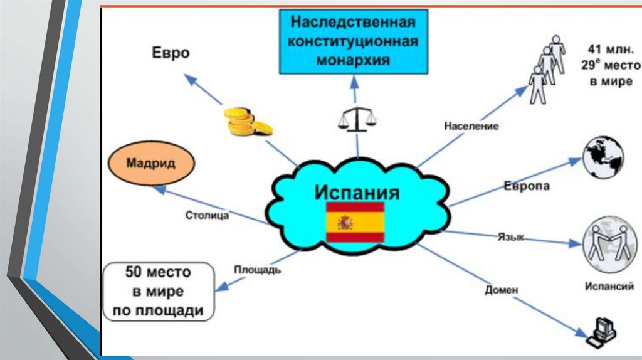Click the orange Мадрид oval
coord(152,164)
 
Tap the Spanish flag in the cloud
coord(355,223)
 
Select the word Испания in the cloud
coord(357,192)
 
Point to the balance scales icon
coord(357,119)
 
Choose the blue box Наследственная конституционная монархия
coord(354,42)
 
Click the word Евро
coord(171,53)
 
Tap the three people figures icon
coord(547,69)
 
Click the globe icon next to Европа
coord(603,158)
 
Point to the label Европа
coord(527,186)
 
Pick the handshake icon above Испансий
coord(609,245)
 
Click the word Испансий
coord(609,286)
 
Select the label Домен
coord(502,290)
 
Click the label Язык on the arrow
coord(510,237)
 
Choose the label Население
coord(471,125)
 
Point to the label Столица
coord(207,215)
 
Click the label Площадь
coord(258,270)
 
